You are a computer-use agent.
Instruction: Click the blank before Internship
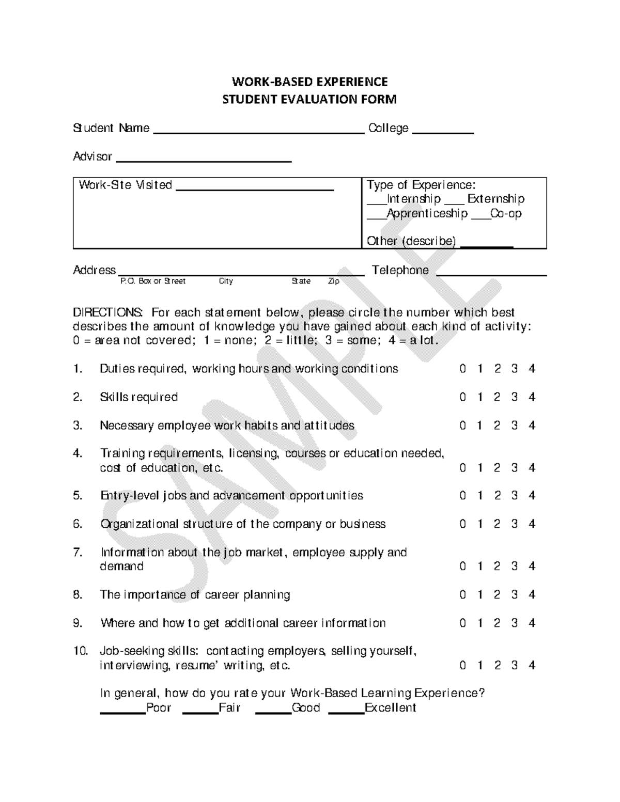pyautogui.click(x=377, y=202)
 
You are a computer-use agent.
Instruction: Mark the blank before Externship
pyautogui.click(x=454, y=202)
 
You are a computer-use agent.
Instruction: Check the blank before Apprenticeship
pyautogui.click(x=377, y=217)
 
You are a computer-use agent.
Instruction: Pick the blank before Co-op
pyautogui.click(x=481, y=217)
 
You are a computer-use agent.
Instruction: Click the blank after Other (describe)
pyautogui.click(x=486, y=245)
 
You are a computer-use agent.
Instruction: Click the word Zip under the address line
pyautogui.click(x=334, y=281)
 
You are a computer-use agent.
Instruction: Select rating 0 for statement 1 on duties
pyautogui.click(x=462, y=369)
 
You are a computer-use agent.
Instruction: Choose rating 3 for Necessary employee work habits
pyautogui.click(x=515, y=426)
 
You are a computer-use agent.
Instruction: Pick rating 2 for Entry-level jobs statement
pyautogui.click(x=497, y=496)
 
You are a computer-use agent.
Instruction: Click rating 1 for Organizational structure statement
pyautogui.click(x=480, y=524)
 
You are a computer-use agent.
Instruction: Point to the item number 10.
pyautogui.click(x=80, y=651)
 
